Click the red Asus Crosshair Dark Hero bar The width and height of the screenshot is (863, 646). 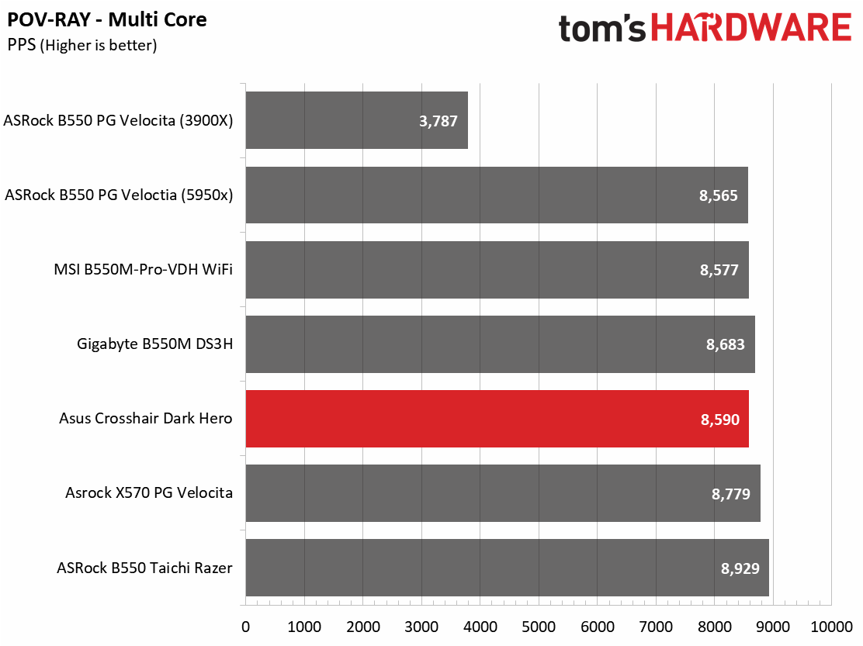(x=497, y=419)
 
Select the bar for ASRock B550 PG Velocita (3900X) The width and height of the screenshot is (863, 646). (x=357, y=120)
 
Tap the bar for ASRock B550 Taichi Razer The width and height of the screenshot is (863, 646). (x=507, y=568)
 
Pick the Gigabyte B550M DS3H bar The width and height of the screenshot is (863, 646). (x=501, y=344)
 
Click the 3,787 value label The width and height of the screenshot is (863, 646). (x=438, y=121)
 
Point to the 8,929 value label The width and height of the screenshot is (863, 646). (x=740, y=568)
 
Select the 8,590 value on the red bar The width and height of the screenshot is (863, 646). (x=720, y=420)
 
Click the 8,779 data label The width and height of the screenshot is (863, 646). (x=731, y=494)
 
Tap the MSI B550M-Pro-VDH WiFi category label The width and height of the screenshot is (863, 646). (x=143, y=269)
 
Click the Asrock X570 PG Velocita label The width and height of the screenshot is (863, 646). (x=149, y=492)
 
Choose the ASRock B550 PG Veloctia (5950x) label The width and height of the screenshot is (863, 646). (x=119, y=195)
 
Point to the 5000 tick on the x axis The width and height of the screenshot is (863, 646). (x=539, y=627)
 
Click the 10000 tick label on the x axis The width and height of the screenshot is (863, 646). (x=832, y=627)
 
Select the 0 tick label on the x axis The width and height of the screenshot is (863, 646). (x=245, y=627)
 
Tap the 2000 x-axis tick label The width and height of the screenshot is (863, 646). (x=362, y=627)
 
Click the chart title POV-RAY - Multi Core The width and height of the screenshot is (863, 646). (x=107, y=20)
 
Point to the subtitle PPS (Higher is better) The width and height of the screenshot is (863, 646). (x=82, y=45)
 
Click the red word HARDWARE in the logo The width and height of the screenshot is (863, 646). (x=751, y=27)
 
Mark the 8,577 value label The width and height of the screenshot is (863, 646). (x=719, y=270)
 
